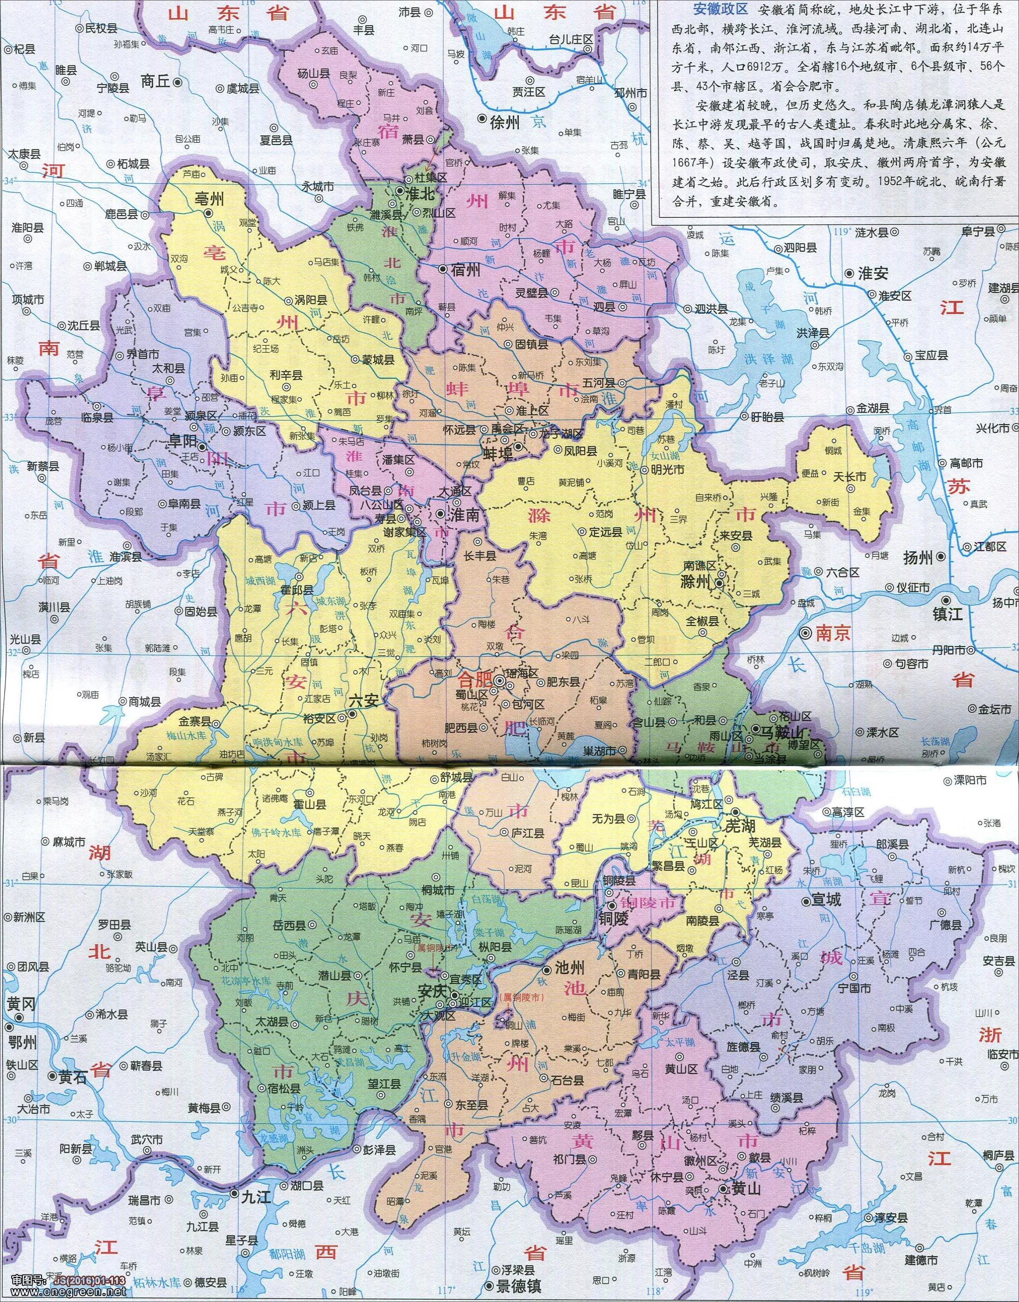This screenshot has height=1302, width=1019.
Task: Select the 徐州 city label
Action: (504, 122)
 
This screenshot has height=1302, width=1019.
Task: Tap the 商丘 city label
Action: (156, 81)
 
